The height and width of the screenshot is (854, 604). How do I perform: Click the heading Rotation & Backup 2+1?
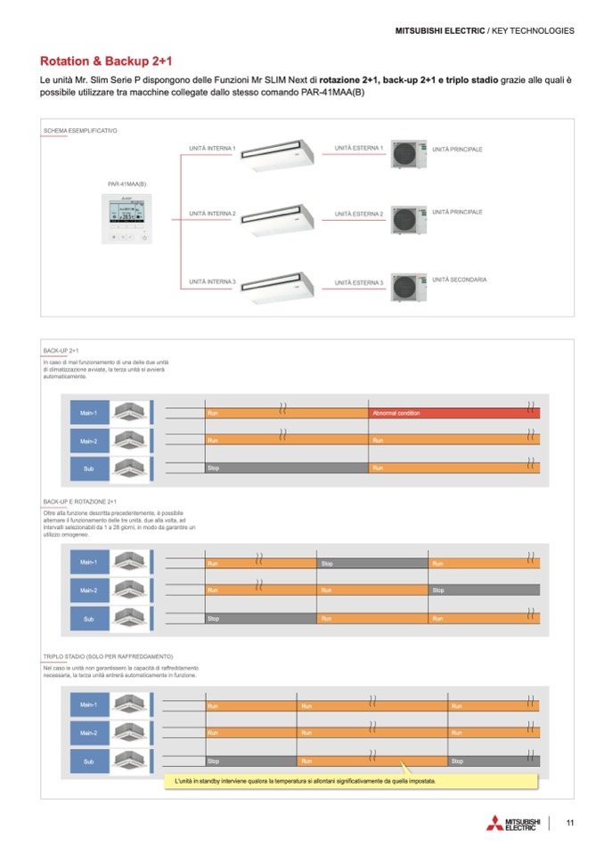tap(106, 61)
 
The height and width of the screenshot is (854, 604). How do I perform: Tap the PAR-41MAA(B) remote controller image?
tap(127, 219)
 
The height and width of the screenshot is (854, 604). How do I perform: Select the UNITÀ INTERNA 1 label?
tap(212, 148)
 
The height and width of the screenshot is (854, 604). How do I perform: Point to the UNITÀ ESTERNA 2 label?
tap(359, 214)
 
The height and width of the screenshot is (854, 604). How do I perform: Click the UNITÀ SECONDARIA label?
tap(459, 280)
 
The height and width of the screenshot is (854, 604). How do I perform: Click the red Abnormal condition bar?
tap(453, 413)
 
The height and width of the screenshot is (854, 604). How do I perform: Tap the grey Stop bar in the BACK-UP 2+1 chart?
tap(286, 468)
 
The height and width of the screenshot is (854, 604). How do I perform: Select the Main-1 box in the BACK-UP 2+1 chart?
tap(88, 413)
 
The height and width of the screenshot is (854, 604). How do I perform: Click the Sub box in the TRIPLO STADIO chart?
tap(88, 761)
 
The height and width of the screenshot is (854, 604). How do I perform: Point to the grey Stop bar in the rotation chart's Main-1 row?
tap(372, 564)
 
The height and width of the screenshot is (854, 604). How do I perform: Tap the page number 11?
tap(569, 823)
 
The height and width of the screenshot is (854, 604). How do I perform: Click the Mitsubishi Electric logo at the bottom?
tap(513, 824)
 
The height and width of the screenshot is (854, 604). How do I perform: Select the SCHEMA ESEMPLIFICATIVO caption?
tap(80, 131)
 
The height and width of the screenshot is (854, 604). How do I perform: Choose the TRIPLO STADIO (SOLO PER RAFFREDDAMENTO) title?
tap(108, 656)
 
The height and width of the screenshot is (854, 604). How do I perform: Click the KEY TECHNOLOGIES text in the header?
tap(534, 30)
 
